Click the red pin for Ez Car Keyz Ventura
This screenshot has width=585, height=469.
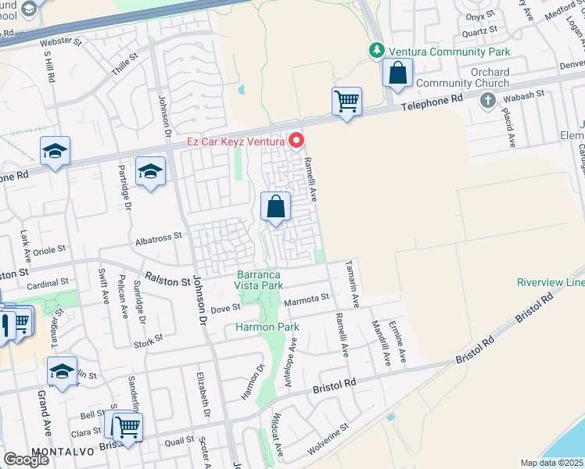(x=296, y=141)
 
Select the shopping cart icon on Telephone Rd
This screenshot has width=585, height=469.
(x=346, y=102)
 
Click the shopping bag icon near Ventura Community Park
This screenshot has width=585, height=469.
(x=397, y=73)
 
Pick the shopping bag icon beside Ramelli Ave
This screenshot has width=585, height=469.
(x=275, y=208)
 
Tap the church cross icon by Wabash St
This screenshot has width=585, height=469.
(x=488, y=100)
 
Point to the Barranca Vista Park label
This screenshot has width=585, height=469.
(x=260, y=280)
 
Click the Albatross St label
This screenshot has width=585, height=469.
(x=158, y=234)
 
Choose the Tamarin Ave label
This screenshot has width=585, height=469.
(x=354, y=283)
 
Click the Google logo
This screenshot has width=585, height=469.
(x=25, y=460)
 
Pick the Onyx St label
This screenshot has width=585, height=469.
(x=482, y=15)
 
